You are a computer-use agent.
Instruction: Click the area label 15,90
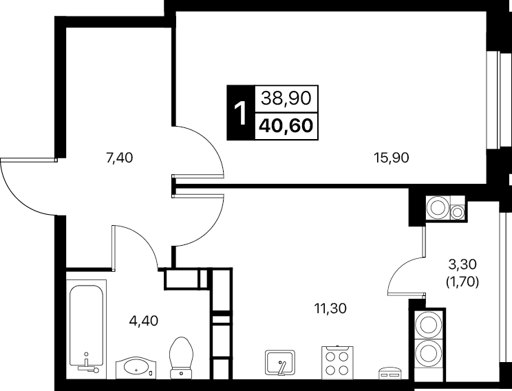[392, 158]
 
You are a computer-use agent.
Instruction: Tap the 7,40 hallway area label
[120, 158]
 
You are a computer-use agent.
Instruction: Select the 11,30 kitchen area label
[330, 308]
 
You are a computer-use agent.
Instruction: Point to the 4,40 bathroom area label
[144, 321]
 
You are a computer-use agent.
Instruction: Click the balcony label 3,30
[462, 264]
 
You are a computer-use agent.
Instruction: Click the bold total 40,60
[286, 126]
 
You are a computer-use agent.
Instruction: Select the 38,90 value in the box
[286, 98]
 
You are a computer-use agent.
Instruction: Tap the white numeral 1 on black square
[241, 113]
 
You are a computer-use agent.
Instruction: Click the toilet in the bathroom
[182, 358]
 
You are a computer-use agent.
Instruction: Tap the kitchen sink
[280, 363]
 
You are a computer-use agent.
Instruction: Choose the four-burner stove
[337, 363]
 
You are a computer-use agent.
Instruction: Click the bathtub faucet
[87, 365]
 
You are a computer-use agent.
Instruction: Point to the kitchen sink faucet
[281, 366]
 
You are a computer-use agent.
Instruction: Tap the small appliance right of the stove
[390, 374]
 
